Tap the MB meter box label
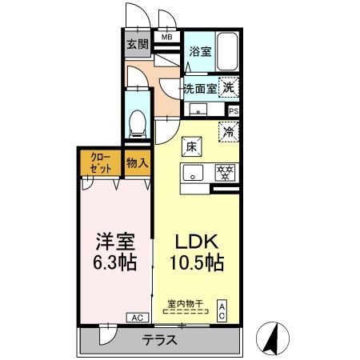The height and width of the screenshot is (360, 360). pos(168,37)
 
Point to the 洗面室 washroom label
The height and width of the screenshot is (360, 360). pos(200,88)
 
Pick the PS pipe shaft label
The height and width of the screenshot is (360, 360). pos(234,111)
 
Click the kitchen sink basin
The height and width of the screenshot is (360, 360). pos(194,172)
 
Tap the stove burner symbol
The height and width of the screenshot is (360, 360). pos(226,172)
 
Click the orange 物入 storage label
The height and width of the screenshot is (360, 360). pos(138,162)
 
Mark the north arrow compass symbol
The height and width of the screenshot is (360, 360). pos(272,337)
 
